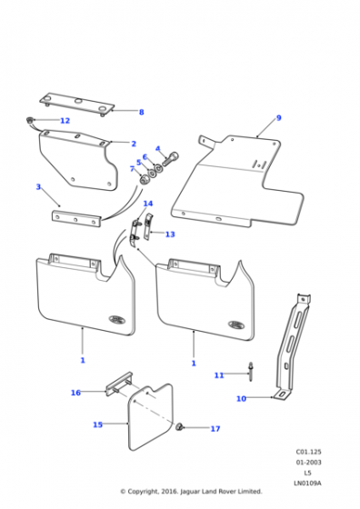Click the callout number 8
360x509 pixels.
click(x=141, y=113)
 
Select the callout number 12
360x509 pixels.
click(x=65, y=121)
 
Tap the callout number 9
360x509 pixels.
click(x=278, y=118)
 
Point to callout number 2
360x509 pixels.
click(x=134, y=144)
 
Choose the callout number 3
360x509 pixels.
click(x=38, y=187)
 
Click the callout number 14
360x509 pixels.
click(x=148, y=204)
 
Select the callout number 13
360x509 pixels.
click(x=170, y=235)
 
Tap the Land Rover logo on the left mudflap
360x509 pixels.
click(x=117, y=320)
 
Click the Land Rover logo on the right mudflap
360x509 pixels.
click(x=236, y=324)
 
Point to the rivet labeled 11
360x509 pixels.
click(x=251, y=372)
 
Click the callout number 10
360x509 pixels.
click(x=241, y=399)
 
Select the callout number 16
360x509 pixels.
click(x=75, y=393)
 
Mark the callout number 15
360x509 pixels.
click(x=97, y=424)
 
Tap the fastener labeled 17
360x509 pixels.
click(x=179, y=427)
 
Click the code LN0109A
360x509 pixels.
click(x=307, y=484)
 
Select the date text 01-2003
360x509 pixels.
click(x=308, y=463)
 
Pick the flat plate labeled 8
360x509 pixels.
click(x=77, y=105)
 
